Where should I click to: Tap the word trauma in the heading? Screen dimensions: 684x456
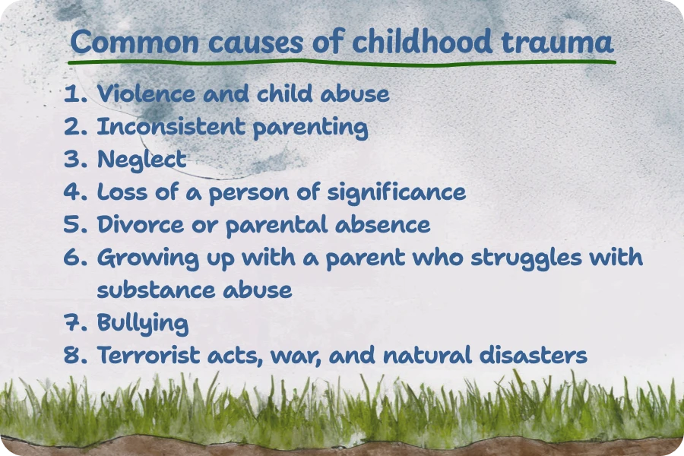click(558, 43)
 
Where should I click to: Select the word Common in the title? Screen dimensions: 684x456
click(135, 43)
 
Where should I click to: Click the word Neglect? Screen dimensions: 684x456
click(142, 160)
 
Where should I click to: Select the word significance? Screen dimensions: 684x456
click(397, 192)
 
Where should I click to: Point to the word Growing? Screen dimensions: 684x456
click(148, 258)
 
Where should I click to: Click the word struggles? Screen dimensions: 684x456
click(527, 258)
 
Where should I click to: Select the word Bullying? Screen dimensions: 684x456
click(143, 323)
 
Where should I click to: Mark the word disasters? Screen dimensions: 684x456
click(533, 355)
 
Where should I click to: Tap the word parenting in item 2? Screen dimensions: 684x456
click(311, 128)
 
